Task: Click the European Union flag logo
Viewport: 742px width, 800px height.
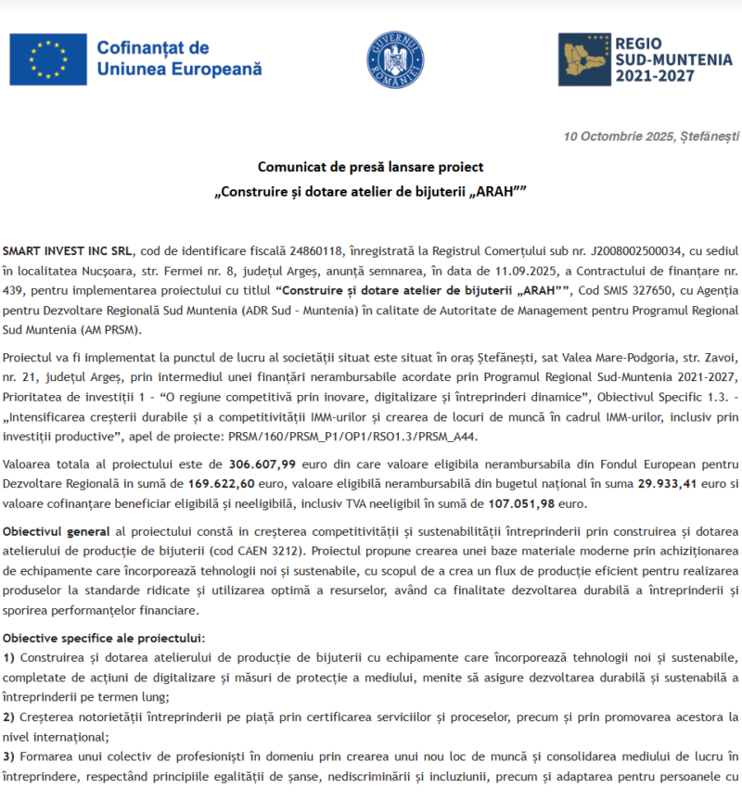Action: click(48, 58)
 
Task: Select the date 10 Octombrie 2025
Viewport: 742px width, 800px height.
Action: click(619, 136)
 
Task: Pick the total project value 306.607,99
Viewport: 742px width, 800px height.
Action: click(262, 463)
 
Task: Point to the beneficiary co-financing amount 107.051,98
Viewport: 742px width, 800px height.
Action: click(524, 503)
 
